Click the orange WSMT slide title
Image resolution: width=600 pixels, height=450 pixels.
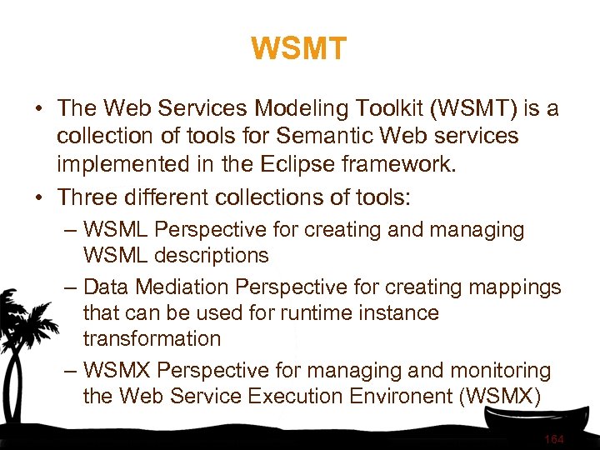click(298, 49)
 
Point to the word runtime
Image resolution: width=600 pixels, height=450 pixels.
click(305, 313)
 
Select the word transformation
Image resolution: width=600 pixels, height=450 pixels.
click(152, 339)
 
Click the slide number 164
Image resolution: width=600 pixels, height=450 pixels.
click(553, 439)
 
